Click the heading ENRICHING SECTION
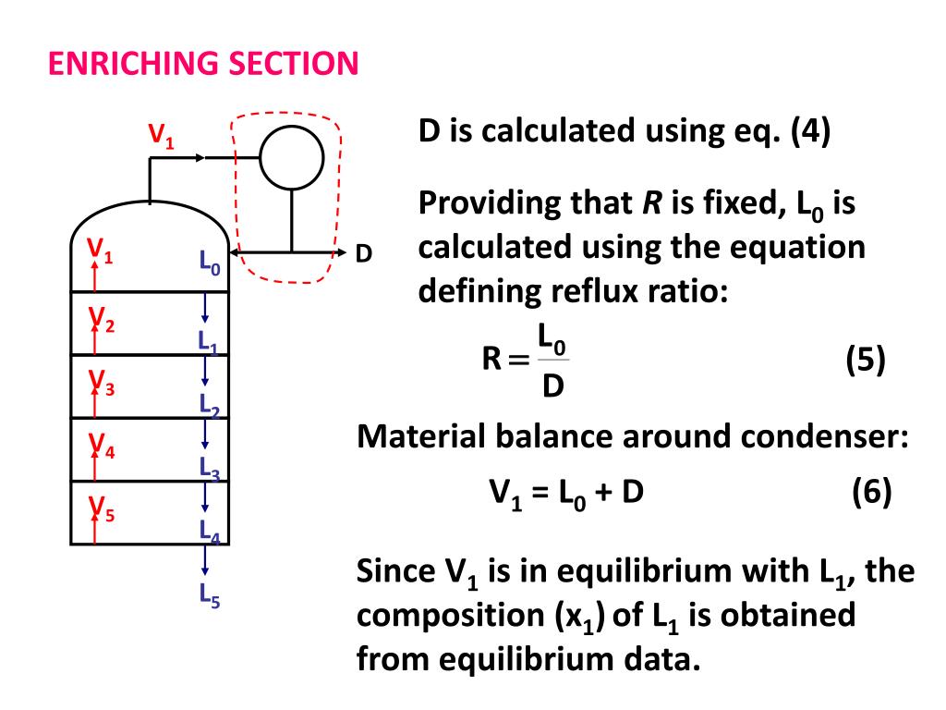tap(203, 64)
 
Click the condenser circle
tap(292, 156)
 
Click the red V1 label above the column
tap(162, 136)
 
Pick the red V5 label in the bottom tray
tap(101, 508)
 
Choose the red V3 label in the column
tap(101, 383)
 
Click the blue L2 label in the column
tap(209, 404)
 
